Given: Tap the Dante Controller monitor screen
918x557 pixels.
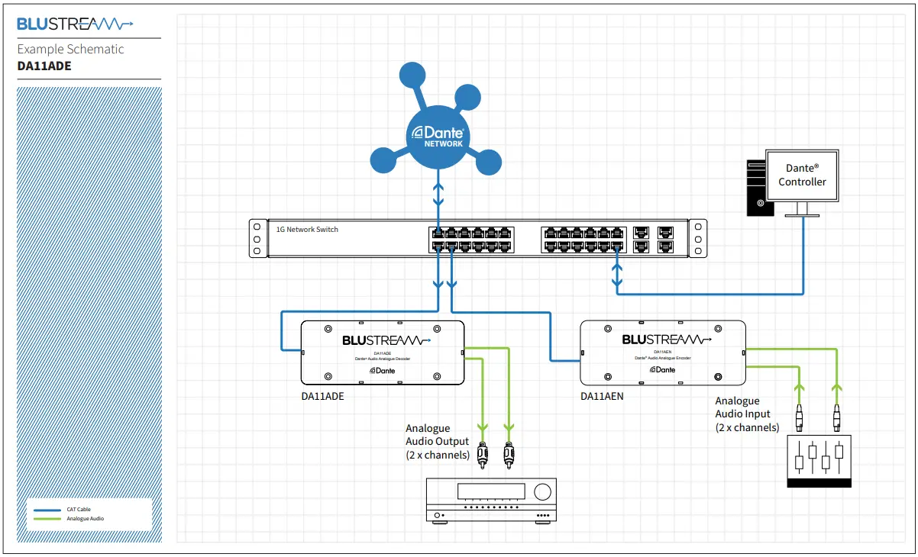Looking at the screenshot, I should pos(802,175).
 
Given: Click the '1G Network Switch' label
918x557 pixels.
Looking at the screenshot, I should pos(307,230).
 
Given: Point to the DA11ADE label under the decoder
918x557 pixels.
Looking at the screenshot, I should pos(323,396).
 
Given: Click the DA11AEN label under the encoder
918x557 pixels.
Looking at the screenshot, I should pos(602,396).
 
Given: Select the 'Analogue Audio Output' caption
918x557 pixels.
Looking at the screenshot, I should pos(438,442).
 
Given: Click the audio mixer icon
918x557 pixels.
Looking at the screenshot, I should pos(819,461).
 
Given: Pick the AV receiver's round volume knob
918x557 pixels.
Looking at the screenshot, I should pos(542,490).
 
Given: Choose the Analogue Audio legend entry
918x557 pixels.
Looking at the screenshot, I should pos(85,519).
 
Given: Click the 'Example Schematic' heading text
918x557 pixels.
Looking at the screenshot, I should pos(70,50).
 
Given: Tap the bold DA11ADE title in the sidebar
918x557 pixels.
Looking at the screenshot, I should pos(44,66).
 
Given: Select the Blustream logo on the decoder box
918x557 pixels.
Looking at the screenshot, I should pos(386,340).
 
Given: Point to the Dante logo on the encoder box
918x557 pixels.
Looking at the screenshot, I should pos(662,369).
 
